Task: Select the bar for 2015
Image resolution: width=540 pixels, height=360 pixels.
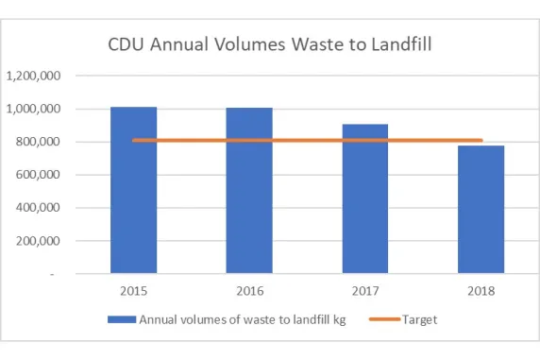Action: [133, 190]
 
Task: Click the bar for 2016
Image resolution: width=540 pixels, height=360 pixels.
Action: [249, 190]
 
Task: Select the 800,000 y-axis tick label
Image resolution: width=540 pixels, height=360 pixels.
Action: [38, 142]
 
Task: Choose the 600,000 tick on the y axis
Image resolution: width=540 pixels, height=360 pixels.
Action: [38, 175]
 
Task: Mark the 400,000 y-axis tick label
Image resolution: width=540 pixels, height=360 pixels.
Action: [38, 208]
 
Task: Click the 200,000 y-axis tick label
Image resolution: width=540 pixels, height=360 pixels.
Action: [38, 241]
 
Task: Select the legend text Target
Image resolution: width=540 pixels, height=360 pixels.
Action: [419, 319]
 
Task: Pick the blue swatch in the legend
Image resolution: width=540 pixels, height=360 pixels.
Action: [122, 319]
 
